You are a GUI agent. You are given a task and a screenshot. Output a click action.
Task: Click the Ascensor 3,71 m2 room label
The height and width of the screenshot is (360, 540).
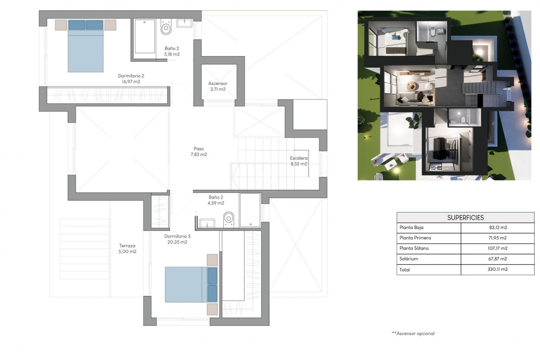218,86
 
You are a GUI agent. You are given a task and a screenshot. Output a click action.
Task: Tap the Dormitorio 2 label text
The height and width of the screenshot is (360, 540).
131,79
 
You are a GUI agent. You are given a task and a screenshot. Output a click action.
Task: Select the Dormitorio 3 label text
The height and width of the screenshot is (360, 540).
177,239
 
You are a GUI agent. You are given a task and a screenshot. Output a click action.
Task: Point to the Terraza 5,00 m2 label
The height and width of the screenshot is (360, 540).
127,249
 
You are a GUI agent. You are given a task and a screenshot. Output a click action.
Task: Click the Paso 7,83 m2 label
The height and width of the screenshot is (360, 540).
199,151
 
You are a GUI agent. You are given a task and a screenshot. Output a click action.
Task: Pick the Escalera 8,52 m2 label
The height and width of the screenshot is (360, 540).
299,161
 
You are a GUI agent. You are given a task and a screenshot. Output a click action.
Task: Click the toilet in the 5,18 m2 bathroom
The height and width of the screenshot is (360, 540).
166,28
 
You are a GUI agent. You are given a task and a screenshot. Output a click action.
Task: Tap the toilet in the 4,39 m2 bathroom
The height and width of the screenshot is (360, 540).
229,219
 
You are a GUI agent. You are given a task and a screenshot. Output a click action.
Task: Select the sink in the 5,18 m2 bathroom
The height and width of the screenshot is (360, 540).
184,23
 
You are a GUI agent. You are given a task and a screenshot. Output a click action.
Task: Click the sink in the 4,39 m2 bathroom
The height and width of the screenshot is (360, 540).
207,224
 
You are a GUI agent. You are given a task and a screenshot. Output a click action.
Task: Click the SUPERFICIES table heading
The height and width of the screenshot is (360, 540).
465,218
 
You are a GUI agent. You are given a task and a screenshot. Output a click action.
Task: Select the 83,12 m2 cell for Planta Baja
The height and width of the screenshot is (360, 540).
498,228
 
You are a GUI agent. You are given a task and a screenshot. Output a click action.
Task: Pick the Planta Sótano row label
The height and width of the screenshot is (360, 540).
414,248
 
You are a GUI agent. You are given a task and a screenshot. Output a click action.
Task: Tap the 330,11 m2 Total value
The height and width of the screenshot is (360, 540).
498,269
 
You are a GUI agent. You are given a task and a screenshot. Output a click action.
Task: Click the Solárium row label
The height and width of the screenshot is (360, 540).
409,259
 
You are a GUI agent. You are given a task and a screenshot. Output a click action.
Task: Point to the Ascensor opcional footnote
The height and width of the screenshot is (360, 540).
413,334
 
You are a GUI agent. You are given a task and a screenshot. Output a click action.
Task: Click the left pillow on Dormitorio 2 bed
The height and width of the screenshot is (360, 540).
77,25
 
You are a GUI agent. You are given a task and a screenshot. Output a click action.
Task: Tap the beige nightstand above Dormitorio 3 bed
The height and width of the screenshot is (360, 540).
212,260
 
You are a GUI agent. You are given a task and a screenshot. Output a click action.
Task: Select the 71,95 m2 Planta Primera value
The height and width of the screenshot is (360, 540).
498,238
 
